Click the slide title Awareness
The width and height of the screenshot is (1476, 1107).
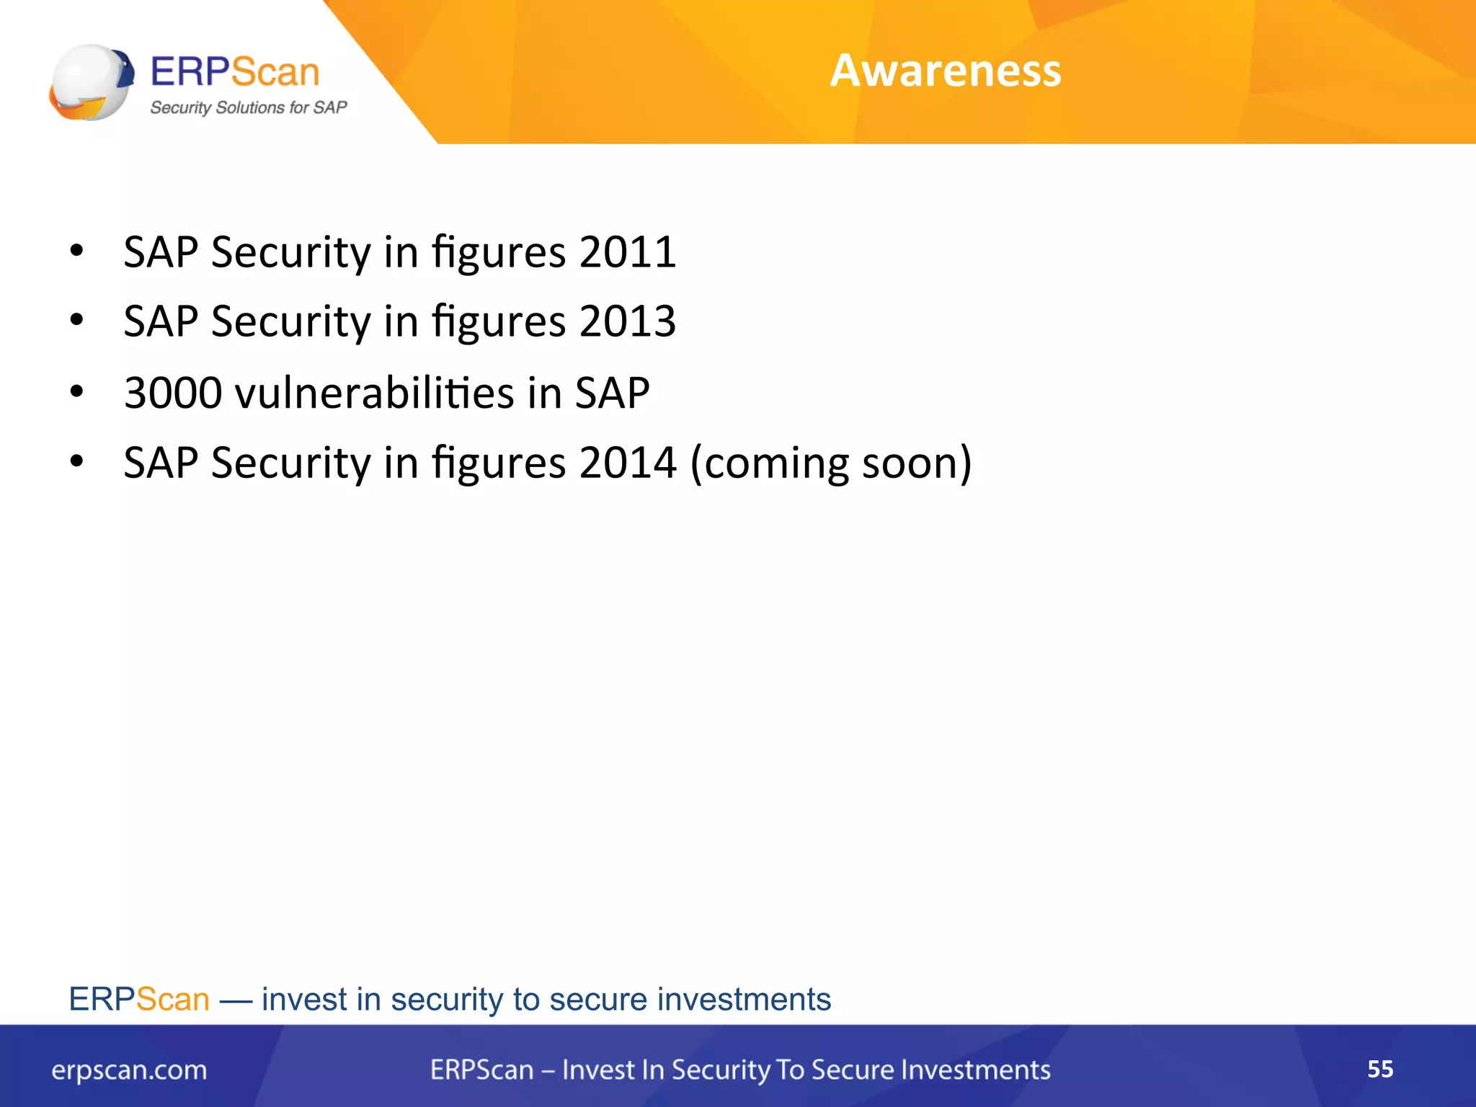coord(945,71)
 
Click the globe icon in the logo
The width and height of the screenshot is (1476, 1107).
coord(90,82)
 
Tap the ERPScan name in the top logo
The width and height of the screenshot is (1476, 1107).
coord(234,72)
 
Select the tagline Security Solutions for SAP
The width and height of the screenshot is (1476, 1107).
coord(248,108)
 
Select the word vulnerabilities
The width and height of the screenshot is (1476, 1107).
coord(375,394)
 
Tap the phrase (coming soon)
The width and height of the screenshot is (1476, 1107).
coord(830,463)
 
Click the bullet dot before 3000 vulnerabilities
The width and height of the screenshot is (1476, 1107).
coord(77,392)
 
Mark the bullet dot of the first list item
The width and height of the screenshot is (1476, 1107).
coord(77,252)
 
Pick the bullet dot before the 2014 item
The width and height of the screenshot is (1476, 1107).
coord(77,461)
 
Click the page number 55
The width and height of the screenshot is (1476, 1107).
coord(1379,1069)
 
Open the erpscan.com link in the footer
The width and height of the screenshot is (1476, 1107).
coord(129,1070)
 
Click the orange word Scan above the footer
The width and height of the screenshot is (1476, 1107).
coord(173,1000)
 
